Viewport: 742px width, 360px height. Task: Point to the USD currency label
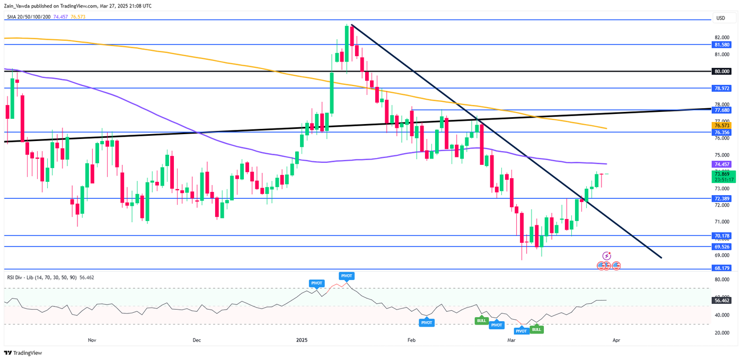pos(720,18)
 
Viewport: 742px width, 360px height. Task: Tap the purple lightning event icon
pos(607,256)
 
